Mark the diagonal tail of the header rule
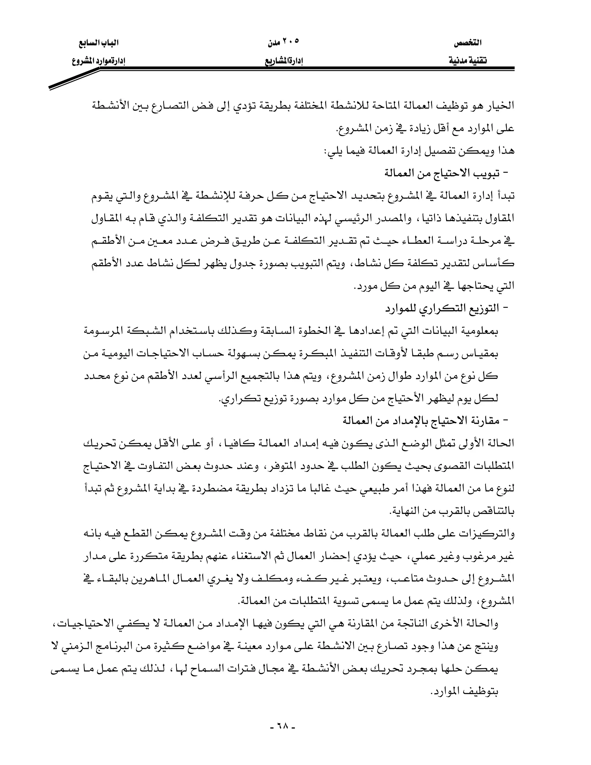(x=74, y=79)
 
